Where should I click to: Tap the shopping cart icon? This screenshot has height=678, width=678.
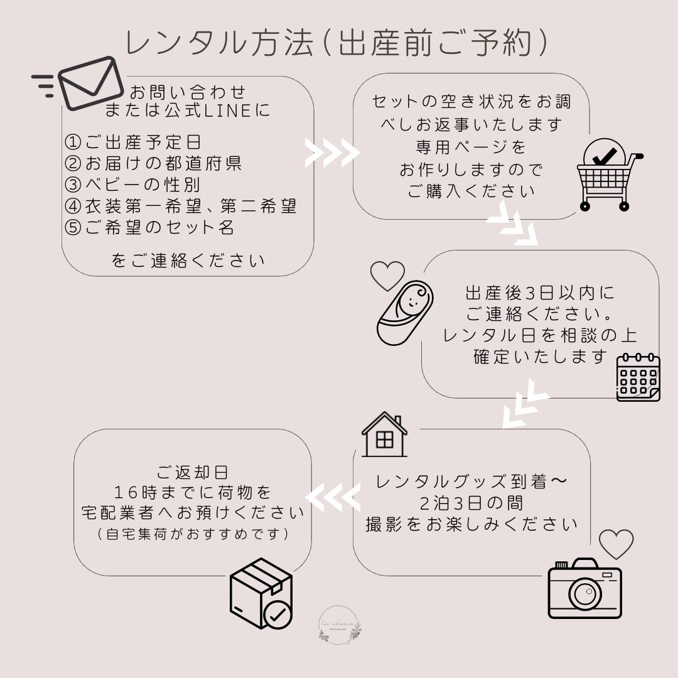click(608, 175)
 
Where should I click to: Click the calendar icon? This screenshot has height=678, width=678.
click(638, 377)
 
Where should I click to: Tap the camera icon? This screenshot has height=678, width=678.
click(584, 588)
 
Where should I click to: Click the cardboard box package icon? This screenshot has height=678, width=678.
click(261, 593)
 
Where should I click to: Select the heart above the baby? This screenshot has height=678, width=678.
click(387, 274)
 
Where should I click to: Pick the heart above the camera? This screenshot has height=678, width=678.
click(616, 544)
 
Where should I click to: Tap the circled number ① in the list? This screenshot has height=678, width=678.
click(74, 142)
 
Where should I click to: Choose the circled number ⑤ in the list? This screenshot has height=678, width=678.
click(74, 227)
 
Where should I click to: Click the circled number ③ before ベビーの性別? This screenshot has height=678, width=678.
click(74, 185)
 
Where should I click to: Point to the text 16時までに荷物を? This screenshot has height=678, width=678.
click(193, 492)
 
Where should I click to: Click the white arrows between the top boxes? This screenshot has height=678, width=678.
click(332, 153)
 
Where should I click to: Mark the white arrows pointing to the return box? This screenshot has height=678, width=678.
click(332, 499)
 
